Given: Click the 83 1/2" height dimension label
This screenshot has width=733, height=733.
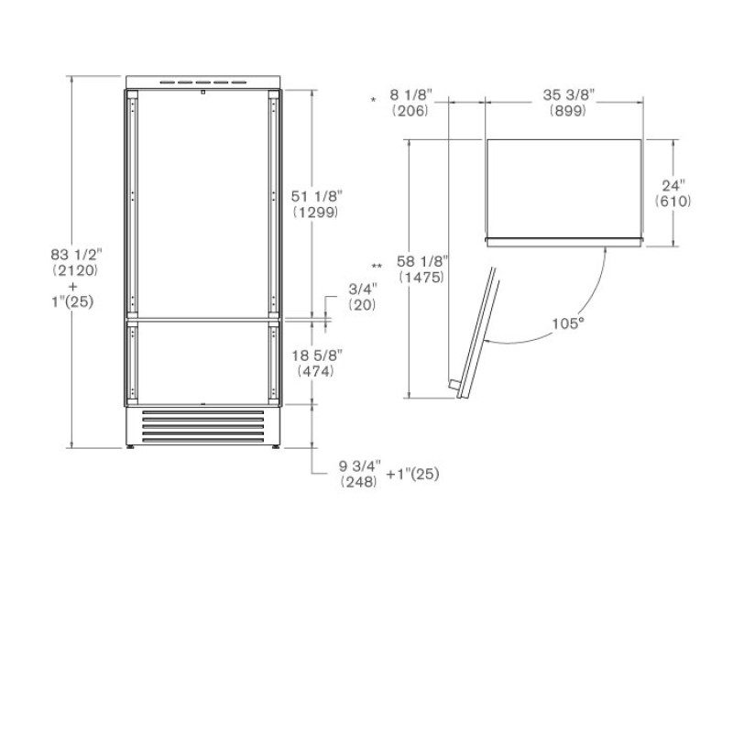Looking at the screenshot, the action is point(76,255).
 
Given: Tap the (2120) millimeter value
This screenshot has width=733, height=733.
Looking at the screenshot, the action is point(75,270).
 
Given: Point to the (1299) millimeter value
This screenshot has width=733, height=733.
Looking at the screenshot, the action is point(315,213).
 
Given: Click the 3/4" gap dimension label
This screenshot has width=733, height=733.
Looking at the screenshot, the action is point(363,289).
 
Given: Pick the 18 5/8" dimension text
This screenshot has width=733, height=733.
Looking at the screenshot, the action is point(317,356).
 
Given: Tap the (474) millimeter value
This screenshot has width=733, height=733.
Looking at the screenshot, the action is point(315,371).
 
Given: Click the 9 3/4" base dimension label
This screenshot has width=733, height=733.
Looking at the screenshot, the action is point(359,466).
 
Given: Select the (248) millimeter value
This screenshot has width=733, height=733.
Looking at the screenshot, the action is point(358,482).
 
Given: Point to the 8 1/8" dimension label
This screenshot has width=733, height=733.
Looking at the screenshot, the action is point(410,95).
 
